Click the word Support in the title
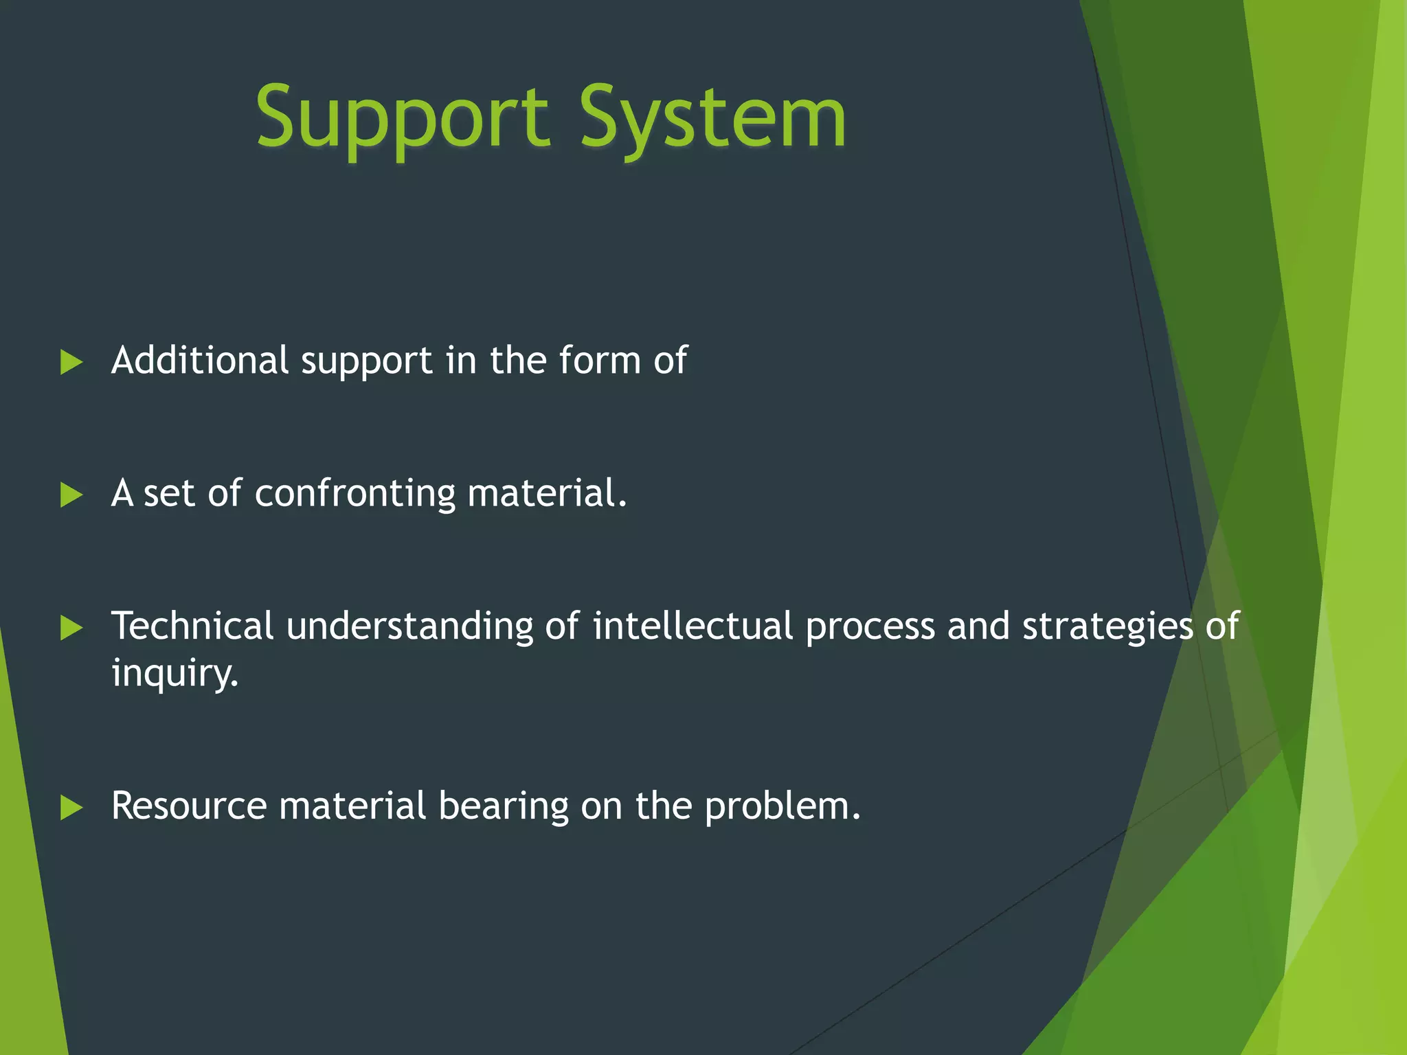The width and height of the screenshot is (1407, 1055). tap(402, 118)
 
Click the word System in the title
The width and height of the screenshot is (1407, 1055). tap(712, 118)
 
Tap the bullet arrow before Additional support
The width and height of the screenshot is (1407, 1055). tap(71, 362)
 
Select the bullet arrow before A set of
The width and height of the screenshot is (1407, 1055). tap(71, 495)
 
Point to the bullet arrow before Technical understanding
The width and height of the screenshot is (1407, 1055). tap(71, 627)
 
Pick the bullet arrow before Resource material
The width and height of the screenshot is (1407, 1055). tap(71, 807)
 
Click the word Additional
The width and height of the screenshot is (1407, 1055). tap(200, 360)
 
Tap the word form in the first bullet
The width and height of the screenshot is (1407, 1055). tap(600, 360)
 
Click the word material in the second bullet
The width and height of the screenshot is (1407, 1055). tap(546, 493)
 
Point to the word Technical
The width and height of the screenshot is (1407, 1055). tap(192, 626)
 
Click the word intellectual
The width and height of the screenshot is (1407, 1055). tap(693, 626)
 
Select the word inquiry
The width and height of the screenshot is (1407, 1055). tap(175, 673)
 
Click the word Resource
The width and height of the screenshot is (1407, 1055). tap(189, 806)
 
